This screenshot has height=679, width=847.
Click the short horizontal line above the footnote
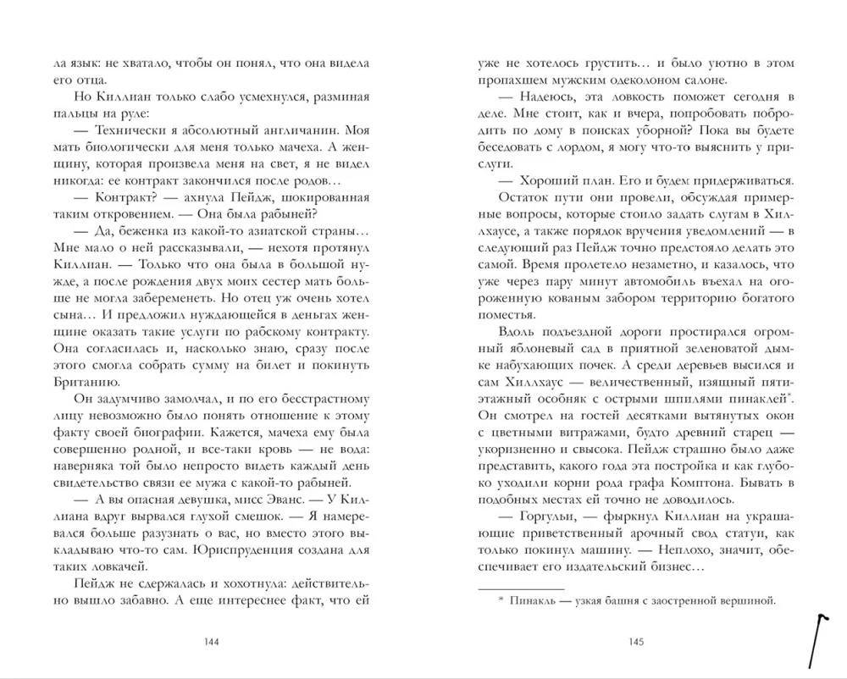(520, 588)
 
